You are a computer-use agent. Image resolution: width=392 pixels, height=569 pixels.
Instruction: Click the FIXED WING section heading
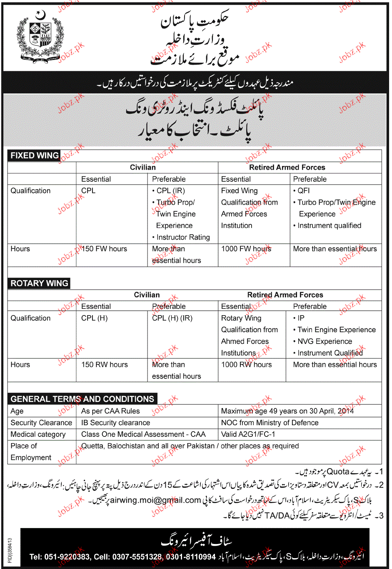35,155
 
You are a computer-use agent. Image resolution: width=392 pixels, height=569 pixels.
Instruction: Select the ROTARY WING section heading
39,283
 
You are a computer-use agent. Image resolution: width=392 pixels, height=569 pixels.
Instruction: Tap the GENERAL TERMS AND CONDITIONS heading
82,399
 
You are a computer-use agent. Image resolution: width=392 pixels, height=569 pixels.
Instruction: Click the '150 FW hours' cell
104,249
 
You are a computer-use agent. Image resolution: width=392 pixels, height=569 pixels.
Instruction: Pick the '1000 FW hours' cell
246,249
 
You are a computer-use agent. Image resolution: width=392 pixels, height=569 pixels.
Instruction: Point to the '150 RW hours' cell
105,365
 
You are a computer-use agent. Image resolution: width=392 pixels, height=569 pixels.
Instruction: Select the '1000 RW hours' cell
246,365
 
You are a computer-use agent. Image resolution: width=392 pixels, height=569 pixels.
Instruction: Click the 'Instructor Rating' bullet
183,237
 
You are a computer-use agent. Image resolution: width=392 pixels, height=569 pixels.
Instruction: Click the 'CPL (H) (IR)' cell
172,318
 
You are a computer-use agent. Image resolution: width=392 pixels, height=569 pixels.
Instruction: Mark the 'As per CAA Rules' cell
110,411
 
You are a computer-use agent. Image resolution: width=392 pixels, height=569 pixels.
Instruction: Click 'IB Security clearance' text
115,423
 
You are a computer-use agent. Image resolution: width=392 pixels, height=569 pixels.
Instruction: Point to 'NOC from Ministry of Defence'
270,423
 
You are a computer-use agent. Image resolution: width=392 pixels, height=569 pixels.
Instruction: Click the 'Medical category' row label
38,434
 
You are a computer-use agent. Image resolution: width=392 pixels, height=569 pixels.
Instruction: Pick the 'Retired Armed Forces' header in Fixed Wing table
287,168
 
